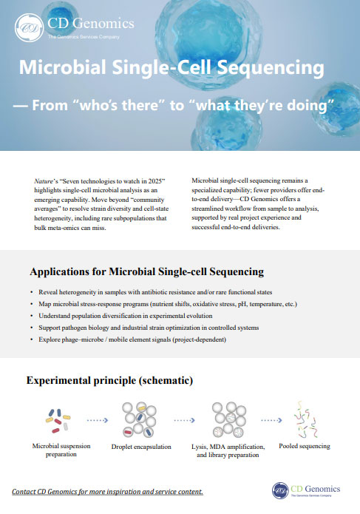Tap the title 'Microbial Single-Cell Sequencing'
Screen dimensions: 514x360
coord(171,68)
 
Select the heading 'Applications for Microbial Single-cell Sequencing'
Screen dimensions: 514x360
coord(146,271)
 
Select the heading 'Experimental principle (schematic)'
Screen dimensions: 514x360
coord(110,380)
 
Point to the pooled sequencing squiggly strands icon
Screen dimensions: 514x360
coord(304,419)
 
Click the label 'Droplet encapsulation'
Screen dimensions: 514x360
coord(141,447)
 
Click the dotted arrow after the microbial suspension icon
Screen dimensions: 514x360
coord(97,419)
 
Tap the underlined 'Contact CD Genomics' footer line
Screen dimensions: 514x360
coord(108,492)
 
